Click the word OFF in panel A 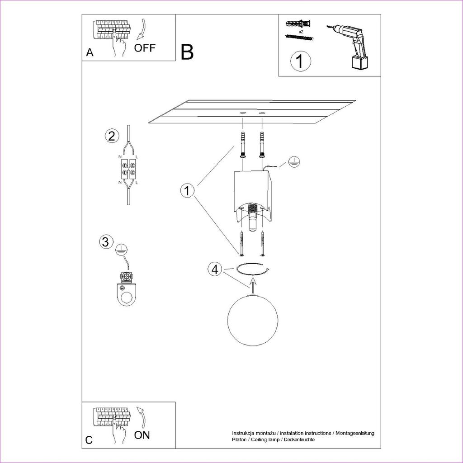point(144,48)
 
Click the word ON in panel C point(142,435)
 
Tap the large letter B point(187,52)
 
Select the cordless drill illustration point(350,47)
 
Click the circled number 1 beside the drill point(301,61)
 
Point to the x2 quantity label point(301,32)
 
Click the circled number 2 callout point(112,136)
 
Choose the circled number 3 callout point(105,241)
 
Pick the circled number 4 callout point(216,269)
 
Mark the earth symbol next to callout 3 point(121,250)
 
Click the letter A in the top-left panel point(90,52)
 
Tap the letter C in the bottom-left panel point(89,440)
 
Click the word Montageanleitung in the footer point(354,433)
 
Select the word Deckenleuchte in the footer point(300,439)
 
